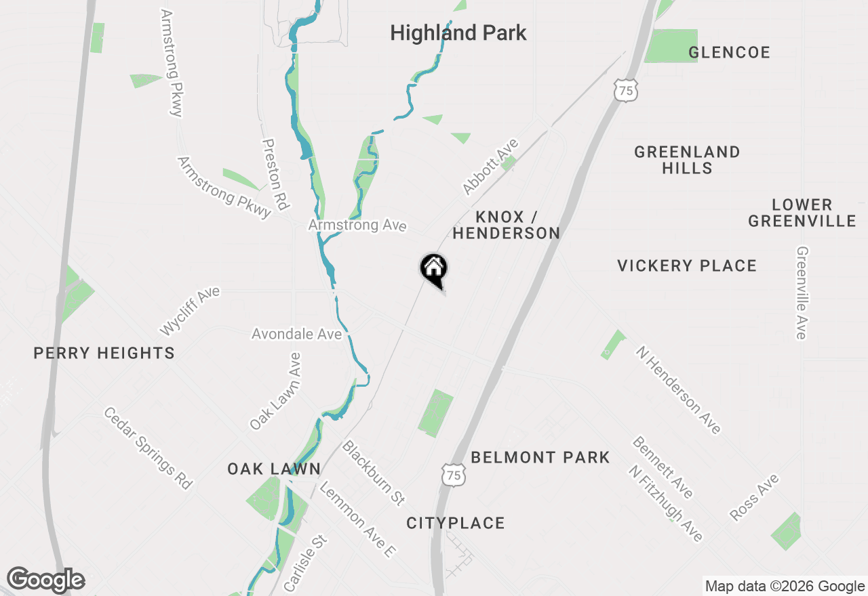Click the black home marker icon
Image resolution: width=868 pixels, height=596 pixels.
[434, 270]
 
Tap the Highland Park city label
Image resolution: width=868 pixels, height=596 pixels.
[458, 33]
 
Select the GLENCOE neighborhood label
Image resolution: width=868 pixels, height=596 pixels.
[729, 53]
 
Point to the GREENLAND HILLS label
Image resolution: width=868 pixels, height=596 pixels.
[687, 160]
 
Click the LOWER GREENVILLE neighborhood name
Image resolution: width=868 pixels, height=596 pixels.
[802, 213]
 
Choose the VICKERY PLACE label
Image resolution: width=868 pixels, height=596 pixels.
[687, 265]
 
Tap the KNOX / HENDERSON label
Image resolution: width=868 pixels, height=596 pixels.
[506, 225]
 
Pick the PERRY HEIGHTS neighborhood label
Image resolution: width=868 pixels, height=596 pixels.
[104, 353]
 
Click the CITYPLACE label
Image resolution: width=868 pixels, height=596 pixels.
[456, 523]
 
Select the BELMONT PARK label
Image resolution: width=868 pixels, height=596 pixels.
[540, 458]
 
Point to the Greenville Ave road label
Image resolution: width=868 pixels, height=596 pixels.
[802, 292]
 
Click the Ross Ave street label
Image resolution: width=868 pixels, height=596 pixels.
[755, 498]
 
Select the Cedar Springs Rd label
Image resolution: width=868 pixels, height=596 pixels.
[149, 448]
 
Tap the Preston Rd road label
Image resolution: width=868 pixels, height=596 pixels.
[276, 174]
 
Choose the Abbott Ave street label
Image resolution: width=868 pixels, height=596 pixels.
[490, 167]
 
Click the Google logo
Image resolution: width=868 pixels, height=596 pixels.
[45, 580]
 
